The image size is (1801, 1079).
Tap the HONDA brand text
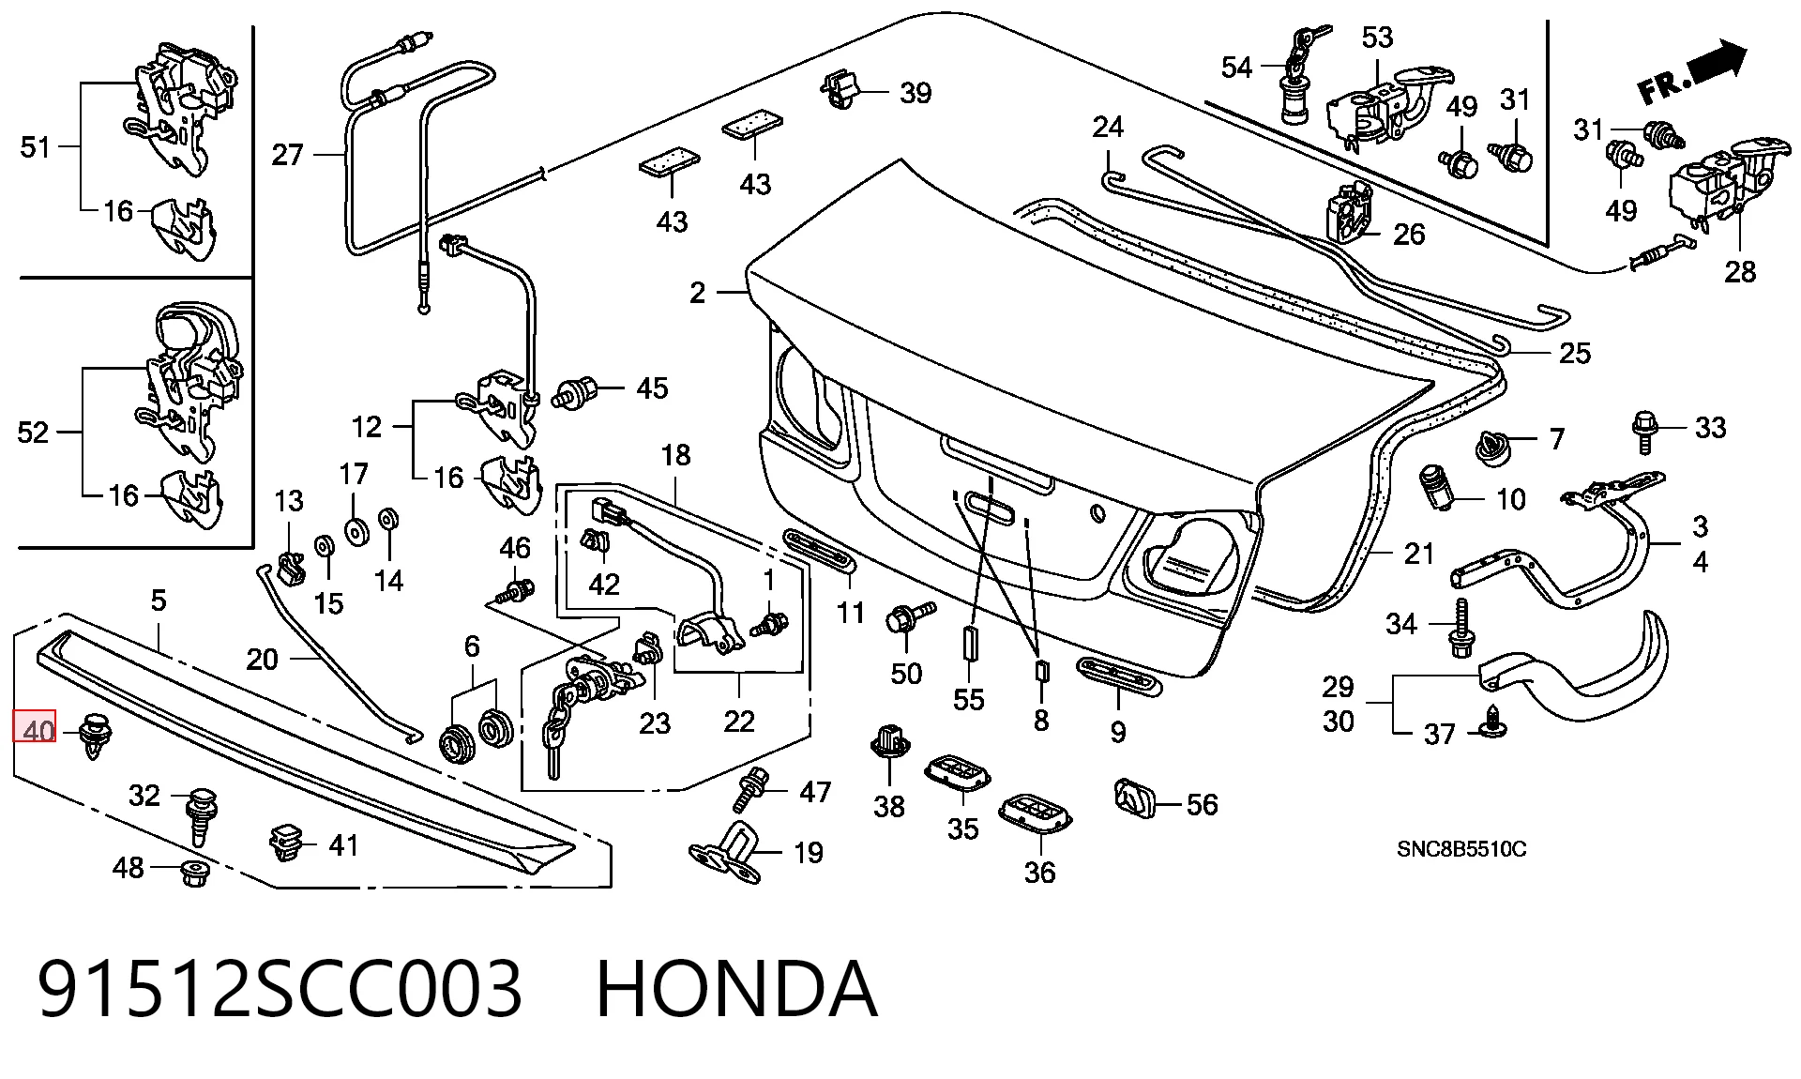736,989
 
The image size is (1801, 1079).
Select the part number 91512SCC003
280,989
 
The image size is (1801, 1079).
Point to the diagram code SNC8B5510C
1461,849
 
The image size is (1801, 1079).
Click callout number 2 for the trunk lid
697,293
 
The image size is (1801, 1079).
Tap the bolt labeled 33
1645,433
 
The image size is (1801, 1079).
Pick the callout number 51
35,146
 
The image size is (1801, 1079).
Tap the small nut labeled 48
194,874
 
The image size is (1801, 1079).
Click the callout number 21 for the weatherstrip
1419,554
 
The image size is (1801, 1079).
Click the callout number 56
1202,804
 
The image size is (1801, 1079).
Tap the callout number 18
675,455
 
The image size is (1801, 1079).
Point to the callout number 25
1576,353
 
